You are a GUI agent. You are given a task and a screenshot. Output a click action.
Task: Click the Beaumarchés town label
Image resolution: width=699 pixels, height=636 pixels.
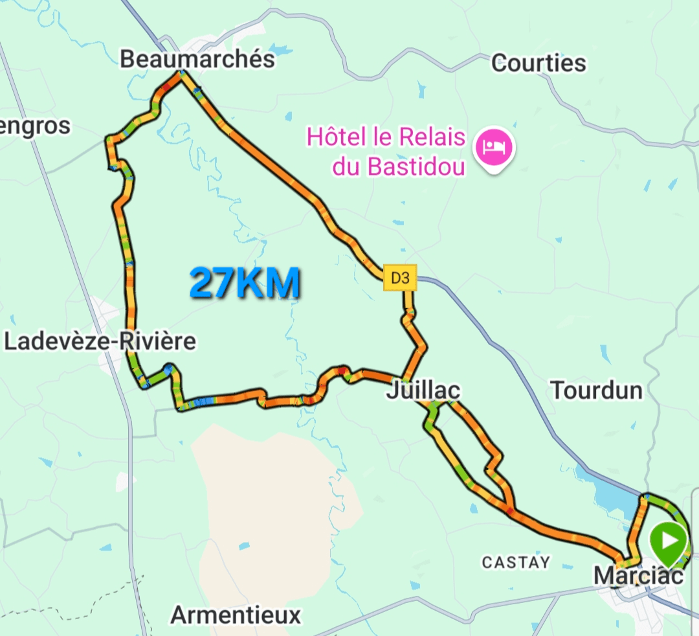tap(197, 60)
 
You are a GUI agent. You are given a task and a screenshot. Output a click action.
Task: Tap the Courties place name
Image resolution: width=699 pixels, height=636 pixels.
tap(538, 63)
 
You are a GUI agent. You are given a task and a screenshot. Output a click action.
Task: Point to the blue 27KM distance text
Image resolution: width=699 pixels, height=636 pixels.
tap(245, 284)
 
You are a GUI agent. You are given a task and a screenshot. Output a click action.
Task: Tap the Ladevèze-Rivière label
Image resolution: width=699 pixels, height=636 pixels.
tap(100, 341)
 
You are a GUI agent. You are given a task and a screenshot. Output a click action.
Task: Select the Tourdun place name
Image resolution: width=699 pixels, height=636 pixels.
tap(596, 391)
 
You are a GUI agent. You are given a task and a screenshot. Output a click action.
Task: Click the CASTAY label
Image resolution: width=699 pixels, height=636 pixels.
tap(516, 562)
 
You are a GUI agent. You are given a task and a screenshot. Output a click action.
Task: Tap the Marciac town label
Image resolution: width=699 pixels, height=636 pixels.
tap(638, 575)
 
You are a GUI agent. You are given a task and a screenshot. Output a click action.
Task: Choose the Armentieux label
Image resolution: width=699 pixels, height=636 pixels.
tap(236, 615)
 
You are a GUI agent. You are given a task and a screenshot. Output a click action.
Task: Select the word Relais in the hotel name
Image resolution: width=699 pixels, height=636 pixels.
tap(432, 137)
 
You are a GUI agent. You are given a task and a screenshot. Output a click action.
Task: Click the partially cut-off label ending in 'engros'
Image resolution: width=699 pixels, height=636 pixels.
tap(35, 126)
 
